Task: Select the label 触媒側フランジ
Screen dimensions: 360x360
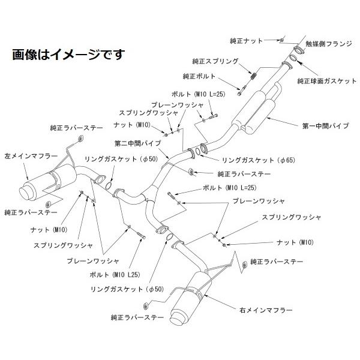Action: pyautogui.click(x=327, y=44)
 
